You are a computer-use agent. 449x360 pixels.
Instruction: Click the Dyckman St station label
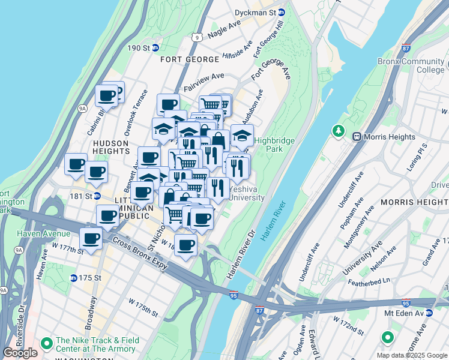click(263, 12)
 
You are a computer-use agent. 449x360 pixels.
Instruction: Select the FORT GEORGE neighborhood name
click(189, 59)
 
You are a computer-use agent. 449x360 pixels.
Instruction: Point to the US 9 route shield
click(196, 37)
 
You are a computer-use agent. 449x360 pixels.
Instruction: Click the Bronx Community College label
click(411, 65)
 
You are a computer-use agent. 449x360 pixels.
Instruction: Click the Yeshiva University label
click(246, 193)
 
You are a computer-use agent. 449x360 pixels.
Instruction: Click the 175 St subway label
click(86, 278)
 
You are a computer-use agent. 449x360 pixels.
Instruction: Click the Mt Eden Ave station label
click(408, 313)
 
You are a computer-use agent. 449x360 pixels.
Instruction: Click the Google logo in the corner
click(20, 353)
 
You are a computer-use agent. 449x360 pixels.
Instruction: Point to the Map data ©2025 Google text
click(412, 355)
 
